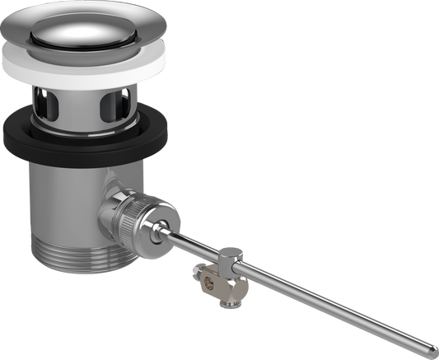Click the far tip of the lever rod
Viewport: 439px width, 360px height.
tap(433, 347)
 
